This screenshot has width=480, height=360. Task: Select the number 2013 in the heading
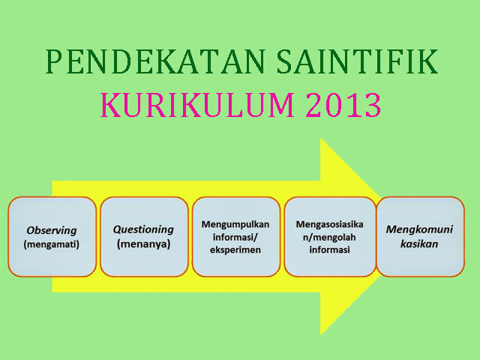(x=342, y=106)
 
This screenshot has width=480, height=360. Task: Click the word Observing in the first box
(x=52, y=230)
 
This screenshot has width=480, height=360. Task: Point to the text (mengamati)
(x=52, y=244)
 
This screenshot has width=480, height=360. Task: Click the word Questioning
(x=143, y=229)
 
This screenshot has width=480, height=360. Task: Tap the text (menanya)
(x=143, y=244)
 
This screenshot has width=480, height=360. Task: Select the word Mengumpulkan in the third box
(x=235, y=223)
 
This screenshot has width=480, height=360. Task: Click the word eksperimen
(x=235, y=250)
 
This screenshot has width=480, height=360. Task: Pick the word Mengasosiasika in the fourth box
(x=328, y=223)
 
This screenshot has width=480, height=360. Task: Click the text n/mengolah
(x=328, y=237)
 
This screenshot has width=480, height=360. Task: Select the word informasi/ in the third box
(x=235, y=237)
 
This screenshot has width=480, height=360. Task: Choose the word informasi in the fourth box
(x=328, y=250)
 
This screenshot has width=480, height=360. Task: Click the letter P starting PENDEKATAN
(x=53, y=62)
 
